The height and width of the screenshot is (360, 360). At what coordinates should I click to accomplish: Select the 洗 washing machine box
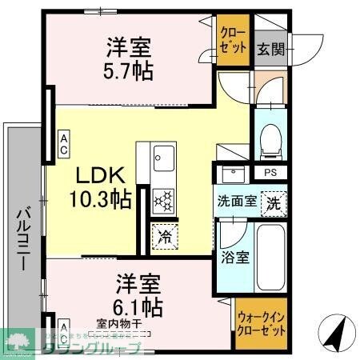(x=274, y=202)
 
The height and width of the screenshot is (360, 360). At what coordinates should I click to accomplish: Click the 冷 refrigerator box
(x=165, y=237)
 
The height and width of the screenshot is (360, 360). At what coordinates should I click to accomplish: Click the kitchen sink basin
(x=162, y=154)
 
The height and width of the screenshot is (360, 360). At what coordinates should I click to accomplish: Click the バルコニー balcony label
(x=22, y=238)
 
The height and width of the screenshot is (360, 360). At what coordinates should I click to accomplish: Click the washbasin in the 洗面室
(x=234, y=173)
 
